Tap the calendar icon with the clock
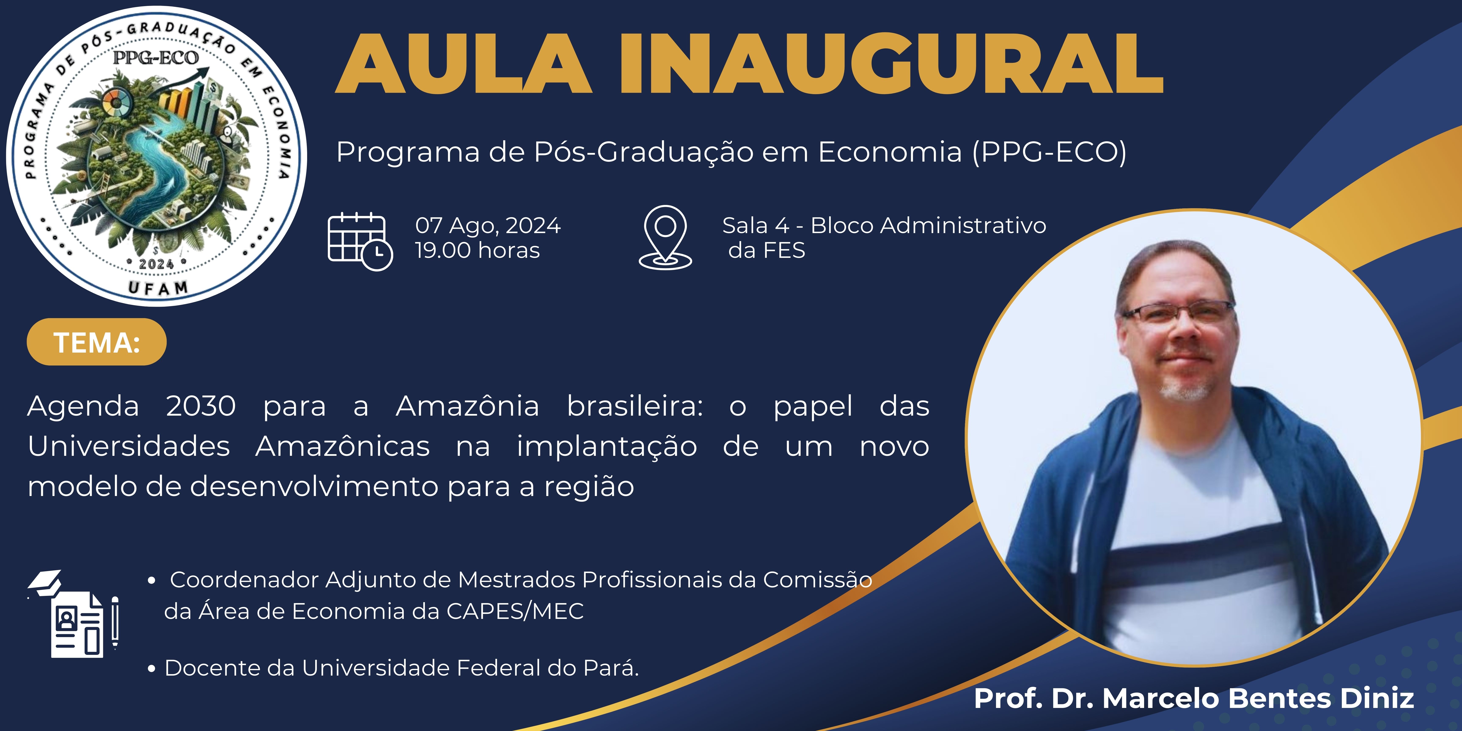click(x=360, y=241)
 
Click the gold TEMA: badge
click(x=96, y=342)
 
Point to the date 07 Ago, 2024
click(x=488, y=225)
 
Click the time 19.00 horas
click(x=477, y=250)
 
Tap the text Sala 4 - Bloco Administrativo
click(x=884, y=225)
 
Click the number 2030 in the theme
click(x=201, y=406)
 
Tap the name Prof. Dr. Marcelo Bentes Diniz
click(x=1194, y=698)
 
